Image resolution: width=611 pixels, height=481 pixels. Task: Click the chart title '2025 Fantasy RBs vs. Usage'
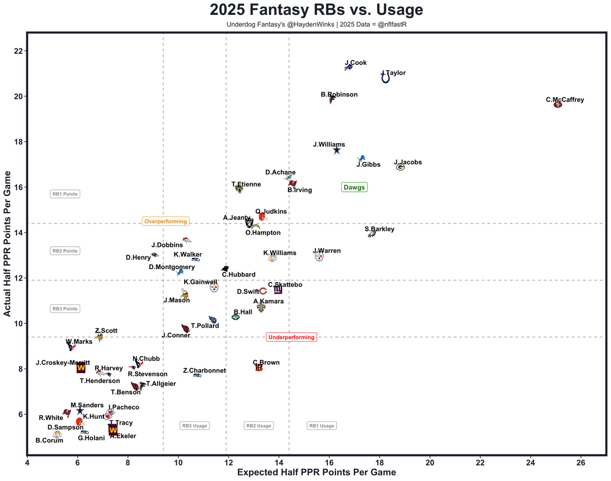316,10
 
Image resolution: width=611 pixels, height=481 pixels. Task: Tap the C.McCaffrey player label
565,100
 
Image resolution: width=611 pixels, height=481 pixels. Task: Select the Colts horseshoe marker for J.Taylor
385,78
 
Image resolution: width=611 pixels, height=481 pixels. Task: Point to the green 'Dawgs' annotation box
354,188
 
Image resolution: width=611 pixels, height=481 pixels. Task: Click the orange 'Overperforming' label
166,221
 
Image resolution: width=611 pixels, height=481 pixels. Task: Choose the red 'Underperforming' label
291,337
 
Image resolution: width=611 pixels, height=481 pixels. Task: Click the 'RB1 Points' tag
65,194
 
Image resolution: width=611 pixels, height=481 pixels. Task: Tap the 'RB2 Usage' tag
259,426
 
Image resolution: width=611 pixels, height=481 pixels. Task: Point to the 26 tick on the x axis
581,463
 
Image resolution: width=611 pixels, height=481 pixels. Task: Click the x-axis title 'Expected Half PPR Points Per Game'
316,472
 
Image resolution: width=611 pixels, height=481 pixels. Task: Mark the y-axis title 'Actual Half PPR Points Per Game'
7,244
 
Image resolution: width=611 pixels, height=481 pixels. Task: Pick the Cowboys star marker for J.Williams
337,150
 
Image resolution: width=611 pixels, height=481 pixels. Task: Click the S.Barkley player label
379,229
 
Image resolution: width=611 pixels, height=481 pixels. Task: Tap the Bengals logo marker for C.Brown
259,367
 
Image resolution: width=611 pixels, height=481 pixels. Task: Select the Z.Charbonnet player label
204,371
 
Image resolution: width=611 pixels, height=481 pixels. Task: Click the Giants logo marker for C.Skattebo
278,290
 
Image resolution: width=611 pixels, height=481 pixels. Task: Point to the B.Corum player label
49,440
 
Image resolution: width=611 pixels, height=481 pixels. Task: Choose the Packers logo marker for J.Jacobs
400,167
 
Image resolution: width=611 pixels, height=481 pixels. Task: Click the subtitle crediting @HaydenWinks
316,24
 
